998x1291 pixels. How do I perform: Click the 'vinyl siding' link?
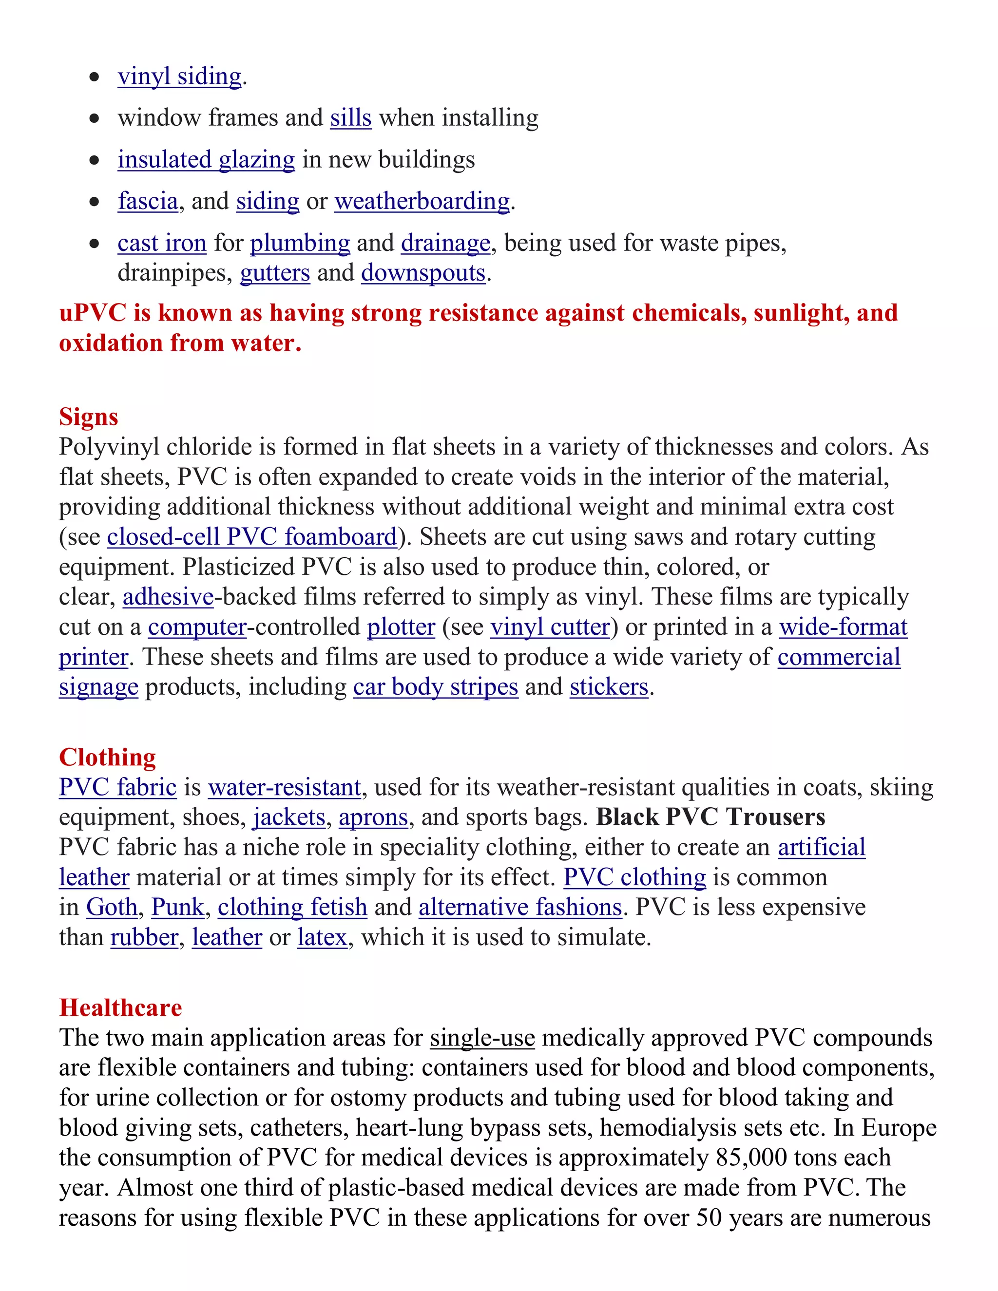tap(179, 77)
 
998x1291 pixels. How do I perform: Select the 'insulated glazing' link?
tap(206, 160)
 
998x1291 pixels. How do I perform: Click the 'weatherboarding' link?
tap(422, 202)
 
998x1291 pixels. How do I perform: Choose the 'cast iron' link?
tap(161, 244)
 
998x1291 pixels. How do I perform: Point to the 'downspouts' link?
tap(423, 274)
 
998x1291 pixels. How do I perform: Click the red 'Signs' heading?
tap(88, 417)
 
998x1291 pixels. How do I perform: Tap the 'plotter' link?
tap(401, 627)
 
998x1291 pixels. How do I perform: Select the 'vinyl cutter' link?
tap(550, 627)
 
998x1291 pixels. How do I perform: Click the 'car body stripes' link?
tap(436, 687)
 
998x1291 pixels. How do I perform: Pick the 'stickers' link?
tap(609, 687)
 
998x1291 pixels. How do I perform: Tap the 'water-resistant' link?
tap(285, 788)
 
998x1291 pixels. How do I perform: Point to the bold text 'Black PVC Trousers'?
tap(710, 817)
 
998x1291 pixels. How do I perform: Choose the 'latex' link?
tap(322, 937)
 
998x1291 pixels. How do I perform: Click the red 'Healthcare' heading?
tap(121, 1008)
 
